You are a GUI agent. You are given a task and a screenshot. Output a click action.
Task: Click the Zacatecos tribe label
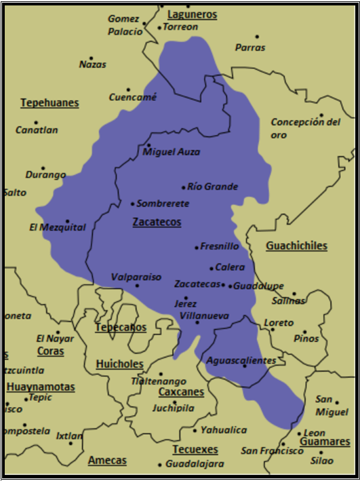[157, 222]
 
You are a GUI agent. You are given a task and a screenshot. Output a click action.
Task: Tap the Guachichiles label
[296, 246]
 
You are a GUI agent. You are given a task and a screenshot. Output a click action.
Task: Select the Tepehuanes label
[49, 103]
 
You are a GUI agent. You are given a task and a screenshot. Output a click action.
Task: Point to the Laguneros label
[192, 14]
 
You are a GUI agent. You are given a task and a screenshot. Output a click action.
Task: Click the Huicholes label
[119, 364]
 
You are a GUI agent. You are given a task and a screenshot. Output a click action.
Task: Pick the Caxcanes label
[181, 391]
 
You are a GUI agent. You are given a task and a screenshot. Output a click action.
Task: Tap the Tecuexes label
[195, 449]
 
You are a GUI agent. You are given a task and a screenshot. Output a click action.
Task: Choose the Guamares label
[325, 442]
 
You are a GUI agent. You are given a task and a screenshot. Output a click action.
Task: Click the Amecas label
[107, 460]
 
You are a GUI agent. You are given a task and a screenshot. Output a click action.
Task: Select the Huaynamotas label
[41, 387]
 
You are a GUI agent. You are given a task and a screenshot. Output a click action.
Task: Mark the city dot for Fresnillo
[197, 248]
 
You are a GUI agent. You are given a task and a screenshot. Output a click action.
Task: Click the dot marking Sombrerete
[132, 204]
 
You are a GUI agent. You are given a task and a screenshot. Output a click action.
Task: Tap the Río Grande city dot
[183, 187]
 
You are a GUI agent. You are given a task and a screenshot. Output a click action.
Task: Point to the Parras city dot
[257, 37]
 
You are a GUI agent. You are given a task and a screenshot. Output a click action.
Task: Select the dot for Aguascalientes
[244, 366]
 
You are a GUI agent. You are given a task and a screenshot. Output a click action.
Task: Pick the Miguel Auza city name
[172, 152]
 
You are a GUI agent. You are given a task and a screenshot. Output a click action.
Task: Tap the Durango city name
[46, 174]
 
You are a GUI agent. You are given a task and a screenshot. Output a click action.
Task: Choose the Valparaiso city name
[136, 277]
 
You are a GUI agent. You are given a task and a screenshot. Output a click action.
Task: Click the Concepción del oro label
[305, 128]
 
